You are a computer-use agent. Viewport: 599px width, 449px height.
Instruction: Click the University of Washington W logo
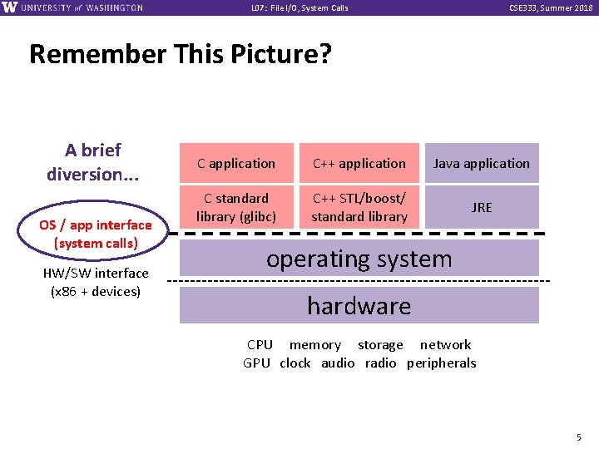tap(9, 7)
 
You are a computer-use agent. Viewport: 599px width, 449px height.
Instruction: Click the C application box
tap(236, 164)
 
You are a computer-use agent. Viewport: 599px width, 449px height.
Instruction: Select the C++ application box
tap(359, 164)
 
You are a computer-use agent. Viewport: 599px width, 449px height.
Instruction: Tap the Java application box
tap(482, 164)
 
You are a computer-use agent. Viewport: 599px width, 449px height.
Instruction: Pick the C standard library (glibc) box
tap(236, 207)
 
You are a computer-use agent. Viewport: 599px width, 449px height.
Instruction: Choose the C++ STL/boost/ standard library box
tap(359, 207)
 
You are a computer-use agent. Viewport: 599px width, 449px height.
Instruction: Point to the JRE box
tap(482, 207)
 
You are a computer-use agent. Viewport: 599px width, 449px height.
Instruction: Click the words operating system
tap(359, 259)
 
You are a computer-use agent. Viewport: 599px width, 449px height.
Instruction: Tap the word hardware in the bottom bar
tap(359, 306)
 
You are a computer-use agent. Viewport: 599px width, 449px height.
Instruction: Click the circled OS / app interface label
tap(96, 234)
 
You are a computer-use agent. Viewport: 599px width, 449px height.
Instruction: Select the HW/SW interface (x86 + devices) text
tap(96, 282)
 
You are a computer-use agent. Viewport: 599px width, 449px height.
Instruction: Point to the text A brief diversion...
tap(93, 162)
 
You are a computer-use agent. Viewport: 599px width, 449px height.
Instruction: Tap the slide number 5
tap(578, 437)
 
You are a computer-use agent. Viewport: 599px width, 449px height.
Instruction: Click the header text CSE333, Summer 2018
tap(550, 7)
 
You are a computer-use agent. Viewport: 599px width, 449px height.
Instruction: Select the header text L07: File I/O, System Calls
tap(299, 7)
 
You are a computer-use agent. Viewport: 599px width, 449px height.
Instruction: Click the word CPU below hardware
tap(260, 345)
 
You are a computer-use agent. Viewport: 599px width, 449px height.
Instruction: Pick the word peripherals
tap(442, 363)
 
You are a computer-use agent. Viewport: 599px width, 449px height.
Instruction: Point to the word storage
tap(380, 345)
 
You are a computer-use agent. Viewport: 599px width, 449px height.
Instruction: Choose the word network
tap(445, 345)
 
